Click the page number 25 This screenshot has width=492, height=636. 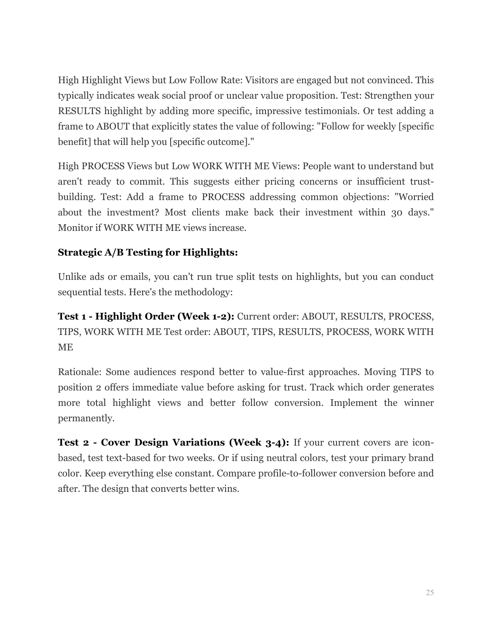429,592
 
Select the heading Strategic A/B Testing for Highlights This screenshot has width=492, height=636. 148,252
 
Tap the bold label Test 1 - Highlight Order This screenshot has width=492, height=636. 146,316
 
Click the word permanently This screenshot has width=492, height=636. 86,418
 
